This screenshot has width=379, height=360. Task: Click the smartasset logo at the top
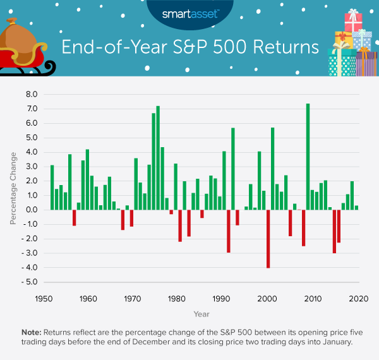coord(189,12)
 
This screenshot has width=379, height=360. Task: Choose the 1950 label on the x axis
coord(44,297)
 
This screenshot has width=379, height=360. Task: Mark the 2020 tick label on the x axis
coord(358,297)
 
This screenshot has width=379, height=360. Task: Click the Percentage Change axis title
coord(13,188)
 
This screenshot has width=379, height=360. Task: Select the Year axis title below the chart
coord(203,313)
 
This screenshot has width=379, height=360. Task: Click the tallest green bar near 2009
coord(308,157)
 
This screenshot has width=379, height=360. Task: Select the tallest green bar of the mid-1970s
coord(158,158)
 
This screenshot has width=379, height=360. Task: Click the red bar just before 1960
coord(74,217)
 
